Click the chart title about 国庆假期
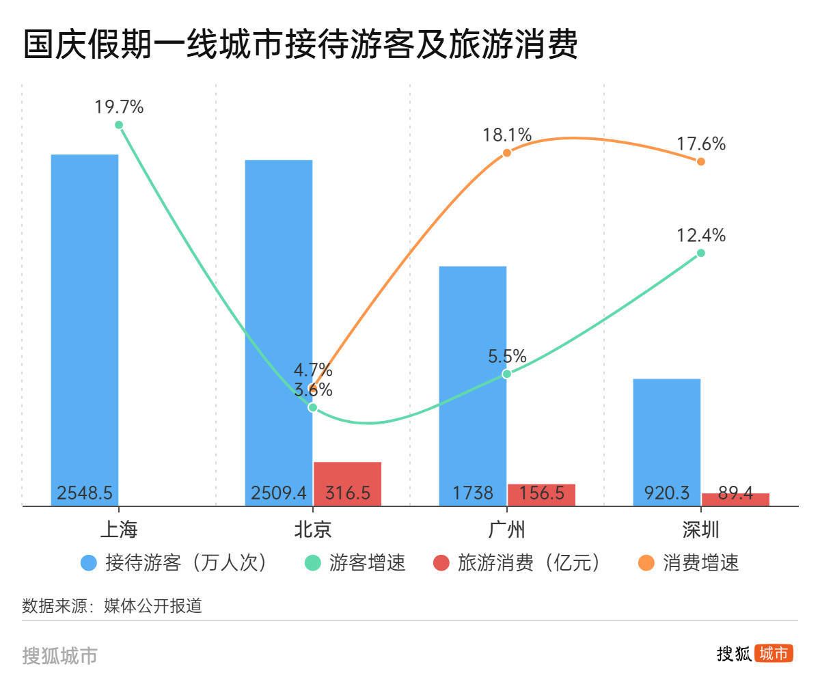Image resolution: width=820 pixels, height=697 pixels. click(x=301, y=44)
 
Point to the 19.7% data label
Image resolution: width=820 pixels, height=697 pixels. click(x=119, y=107)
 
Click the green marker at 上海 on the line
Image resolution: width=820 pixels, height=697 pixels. click(x=119, y=125)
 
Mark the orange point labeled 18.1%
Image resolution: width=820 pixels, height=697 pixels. click(x=506, y=152)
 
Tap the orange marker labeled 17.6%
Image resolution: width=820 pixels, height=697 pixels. click(x=700, y=161)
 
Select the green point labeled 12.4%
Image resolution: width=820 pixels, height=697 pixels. click(x=700, y=253)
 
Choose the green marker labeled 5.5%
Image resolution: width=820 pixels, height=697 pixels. click(x=506, y=374)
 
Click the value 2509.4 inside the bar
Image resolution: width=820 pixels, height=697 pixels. click(x=279, y=493)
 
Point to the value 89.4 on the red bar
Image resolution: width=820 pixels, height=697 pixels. click(x=735, y=493)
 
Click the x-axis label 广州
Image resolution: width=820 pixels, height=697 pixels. click(x=506, y=529)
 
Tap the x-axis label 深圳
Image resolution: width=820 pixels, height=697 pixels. click(x=700, y=529)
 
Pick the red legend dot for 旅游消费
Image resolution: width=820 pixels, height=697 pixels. click(x=441, y=563)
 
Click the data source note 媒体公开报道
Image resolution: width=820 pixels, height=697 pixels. click(x=153, y=606)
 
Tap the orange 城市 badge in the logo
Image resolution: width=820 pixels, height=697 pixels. click(x=774, y=654)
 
